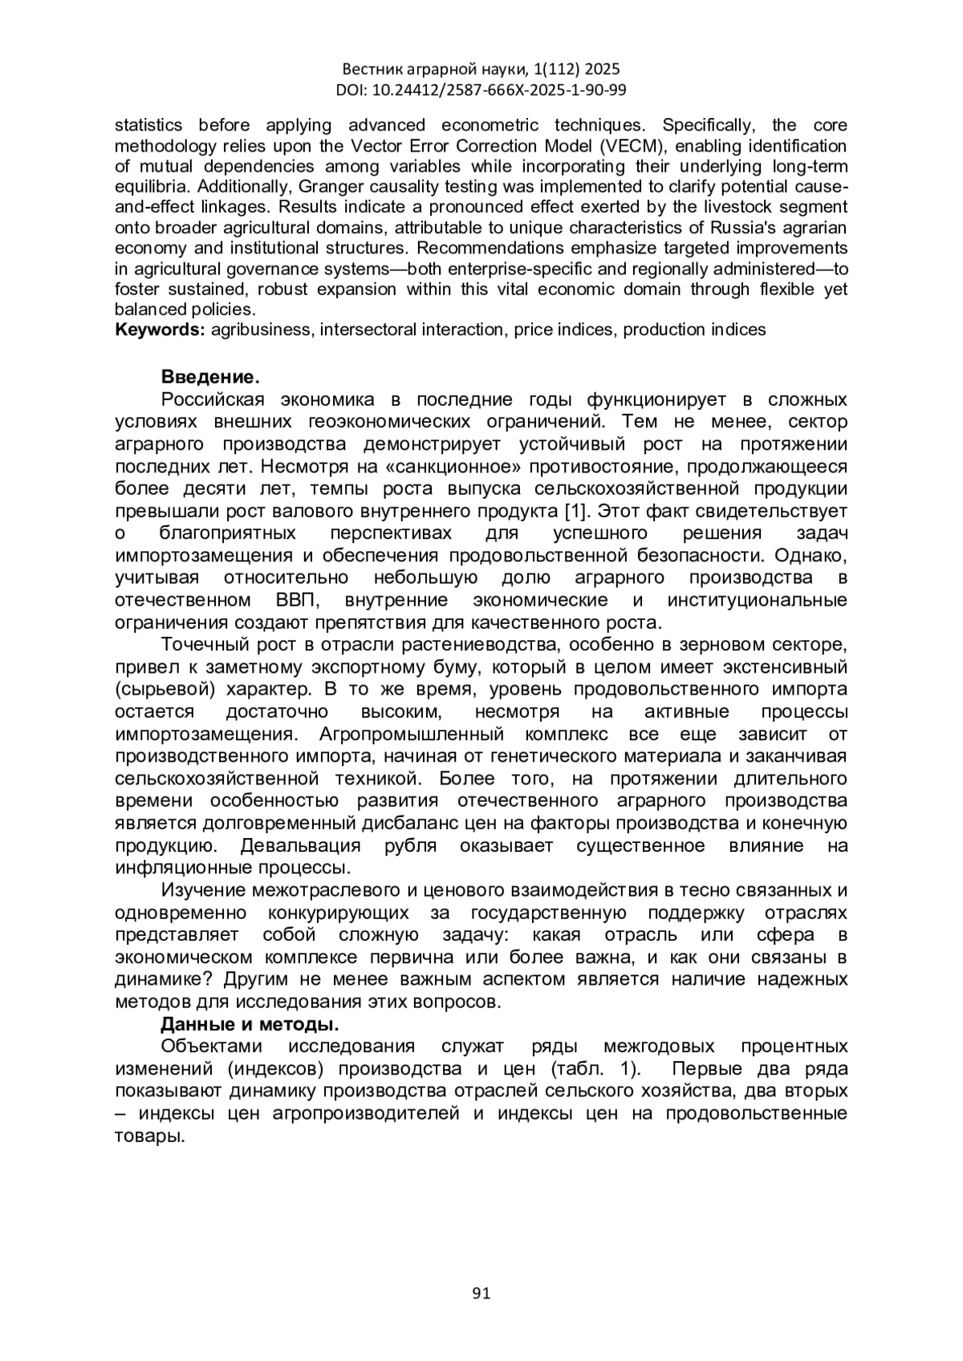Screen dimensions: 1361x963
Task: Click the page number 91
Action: (x=481, y=1292)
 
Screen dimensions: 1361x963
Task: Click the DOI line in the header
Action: (x=481, y=90)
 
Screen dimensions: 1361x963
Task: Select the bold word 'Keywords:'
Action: (x=160, y=330)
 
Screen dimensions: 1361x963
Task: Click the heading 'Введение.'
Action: (x=210, y=377)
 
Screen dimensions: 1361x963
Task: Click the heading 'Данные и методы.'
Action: (x=250, y=1024)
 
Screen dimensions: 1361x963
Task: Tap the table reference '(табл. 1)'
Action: (x=595, y=1069)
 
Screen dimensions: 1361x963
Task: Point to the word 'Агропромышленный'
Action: (x=412, y=734)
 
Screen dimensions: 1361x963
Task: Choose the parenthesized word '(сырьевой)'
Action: (x=165, y=689)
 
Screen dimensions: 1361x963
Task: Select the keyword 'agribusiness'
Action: (x=260, y=330)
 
